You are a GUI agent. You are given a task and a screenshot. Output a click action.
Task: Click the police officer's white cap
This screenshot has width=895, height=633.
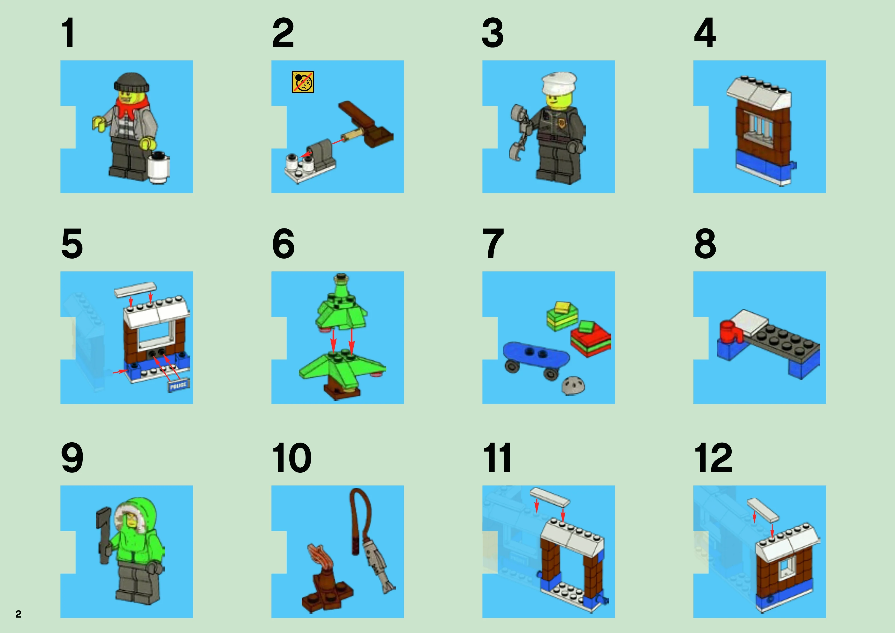click(559, 83)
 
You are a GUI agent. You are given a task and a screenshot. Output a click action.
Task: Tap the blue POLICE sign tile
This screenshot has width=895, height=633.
click(178, 385)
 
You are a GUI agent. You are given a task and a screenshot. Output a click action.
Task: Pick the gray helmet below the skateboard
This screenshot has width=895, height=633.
click(573, 385)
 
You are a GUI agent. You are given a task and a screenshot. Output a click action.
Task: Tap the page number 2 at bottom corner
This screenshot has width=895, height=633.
click(18, 614)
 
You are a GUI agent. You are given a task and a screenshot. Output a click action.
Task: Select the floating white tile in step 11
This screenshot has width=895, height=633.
click(550, 496)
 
